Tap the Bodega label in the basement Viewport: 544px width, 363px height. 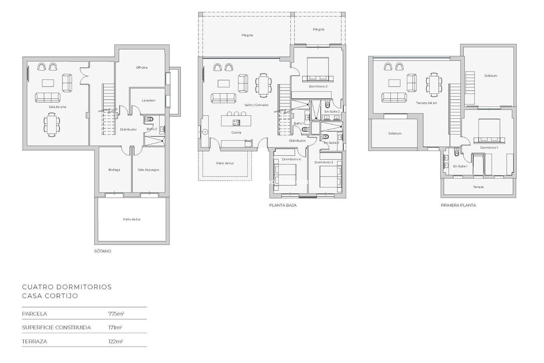coord(114,170)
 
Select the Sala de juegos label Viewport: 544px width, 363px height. coord(148,170)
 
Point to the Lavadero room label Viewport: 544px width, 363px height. coord(148,100)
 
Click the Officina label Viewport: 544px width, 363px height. coord(142,68)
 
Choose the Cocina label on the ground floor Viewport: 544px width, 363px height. coord(236,133)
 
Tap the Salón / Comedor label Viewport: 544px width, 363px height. coord(256,105)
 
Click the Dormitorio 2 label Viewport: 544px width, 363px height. coord(318,87)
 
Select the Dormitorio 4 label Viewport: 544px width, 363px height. coord(291,159)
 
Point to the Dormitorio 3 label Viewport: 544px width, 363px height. coord(324,162)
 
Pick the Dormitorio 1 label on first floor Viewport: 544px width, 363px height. coord(489,148)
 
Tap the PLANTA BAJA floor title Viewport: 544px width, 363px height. coord(283,206)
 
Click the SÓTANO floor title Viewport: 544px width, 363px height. coord(103,251)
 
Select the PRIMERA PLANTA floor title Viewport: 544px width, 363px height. coord(458,206)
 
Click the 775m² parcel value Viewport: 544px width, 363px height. coord(116,314)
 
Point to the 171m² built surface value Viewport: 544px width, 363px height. coord(115,327)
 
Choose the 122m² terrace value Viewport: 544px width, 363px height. coord(115,341)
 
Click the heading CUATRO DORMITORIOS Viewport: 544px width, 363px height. coord(67,287)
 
